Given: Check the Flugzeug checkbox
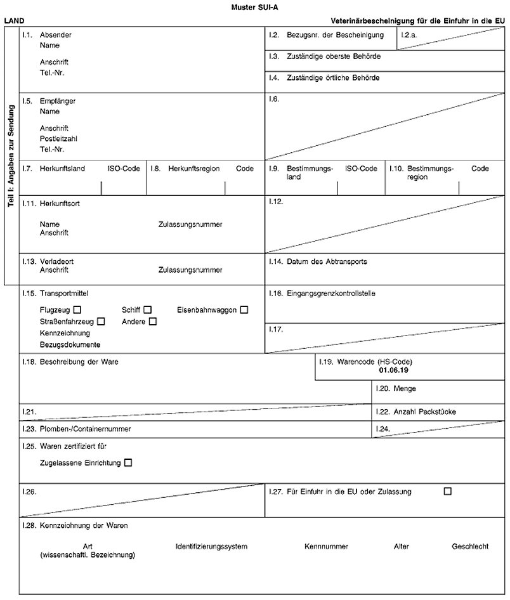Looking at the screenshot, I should pyautogui.click(x=77, y=310).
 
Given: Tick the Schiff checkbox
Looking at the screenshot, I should pyautogui.click(x=147, y=310).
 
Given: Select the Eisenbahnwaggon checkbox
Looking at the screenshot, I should pyautogui.click(x=244, y=310).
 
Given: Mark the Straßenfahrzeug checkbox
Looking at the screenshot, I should pyautogui.click(x=101, y=322).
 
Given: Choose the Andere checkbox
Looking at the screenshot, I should pyautogui.click(x=152, y=322).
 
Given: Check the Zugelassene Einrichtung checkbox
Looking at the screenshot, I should pyautogui.click(x=129, y=463).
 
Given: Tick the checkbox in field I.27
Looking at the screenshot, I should pyautogui.click(x=448, y=491).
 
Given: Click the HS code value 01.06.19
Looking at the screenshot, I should pyautogui.click(x=393, y=369).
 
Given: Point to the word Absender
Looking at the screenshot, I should pyautogui.click(x=55, y=34).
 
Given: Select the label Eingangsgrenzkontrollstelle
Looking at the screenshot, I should pyautogui.click(x=336, y=293).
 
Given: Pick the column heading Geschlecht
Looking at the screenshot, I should pyautogui.click(x=470, y=546).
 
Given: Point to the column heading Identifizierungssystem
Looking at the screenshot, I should pyautogui.click(x=211, y=546).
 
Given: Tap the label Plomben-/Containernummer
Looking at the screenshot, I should pyautogui.click(x=85, y=429).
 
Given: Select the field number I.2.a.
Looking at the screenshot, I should pyautogui.click(x=409, y=34).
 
